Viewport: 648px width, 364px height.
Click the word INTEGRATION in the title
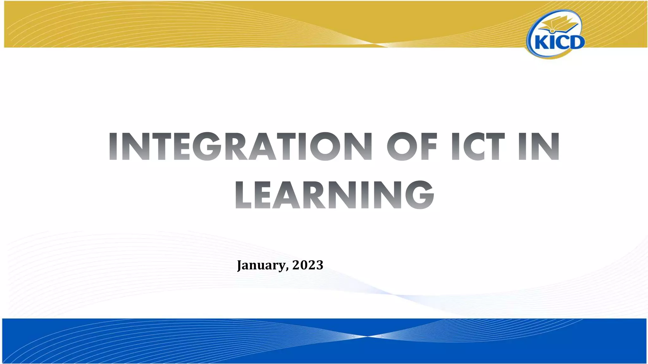click(240, 147)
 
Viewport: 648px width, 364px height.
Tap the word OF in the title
click(412, 147)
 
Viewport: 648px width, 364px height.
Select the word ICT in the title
click(478, 147)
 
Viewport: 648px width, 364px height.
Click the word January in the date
click(261, 265)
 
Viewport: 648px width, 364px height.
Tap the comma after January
click(287, 269)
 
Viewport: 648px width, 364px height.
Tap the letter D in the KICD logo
click(576, 42)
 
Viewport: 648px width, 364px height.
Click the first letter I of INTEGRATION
click(113, 147)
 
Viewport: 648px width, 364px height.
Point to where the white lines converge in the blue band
click(367, 336)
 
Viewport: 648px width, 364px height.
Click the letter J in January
click(240, 265)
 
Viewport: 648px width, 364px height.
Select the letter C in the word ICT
click(476, 147)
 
